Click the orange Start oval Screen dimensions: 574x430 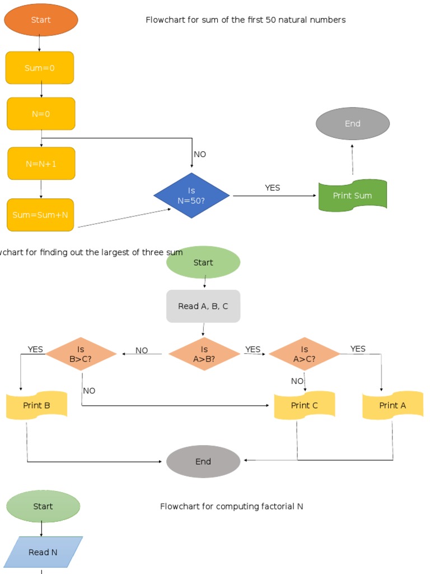(41, 20)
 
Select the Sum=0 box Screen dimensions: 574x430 (40, 68)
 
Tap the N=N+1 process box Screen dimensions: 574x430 (41, 164)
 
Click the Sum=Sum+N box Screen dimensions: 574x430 (40, 215)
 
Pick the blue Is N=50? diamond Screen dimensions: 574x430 (191, 196)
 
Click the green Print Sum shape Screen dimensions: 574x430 (352, 196)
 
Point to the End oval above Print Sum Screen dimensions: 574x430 (352, 124)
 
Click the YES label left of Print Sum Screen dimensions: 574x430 (272, 188)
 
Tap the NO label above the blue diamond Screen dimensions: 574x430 (200, 154)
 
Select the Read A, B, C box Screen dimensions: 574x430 (203, 306)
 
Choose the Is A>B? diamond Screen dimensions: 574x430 (204, 354)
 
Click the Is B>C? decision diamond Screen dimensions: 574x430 (81, 354)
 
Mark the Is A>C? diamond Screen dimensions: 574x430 (304, 354)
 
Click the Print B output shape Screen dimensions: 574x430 (36, 405)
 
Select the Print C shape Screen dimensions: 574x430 (304, 405)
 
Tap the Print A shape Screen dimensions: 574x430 (392, 405)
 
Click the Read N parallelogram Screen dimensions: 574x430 (43, 552)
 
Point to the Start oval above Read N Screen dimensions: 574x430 (43, 506)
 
